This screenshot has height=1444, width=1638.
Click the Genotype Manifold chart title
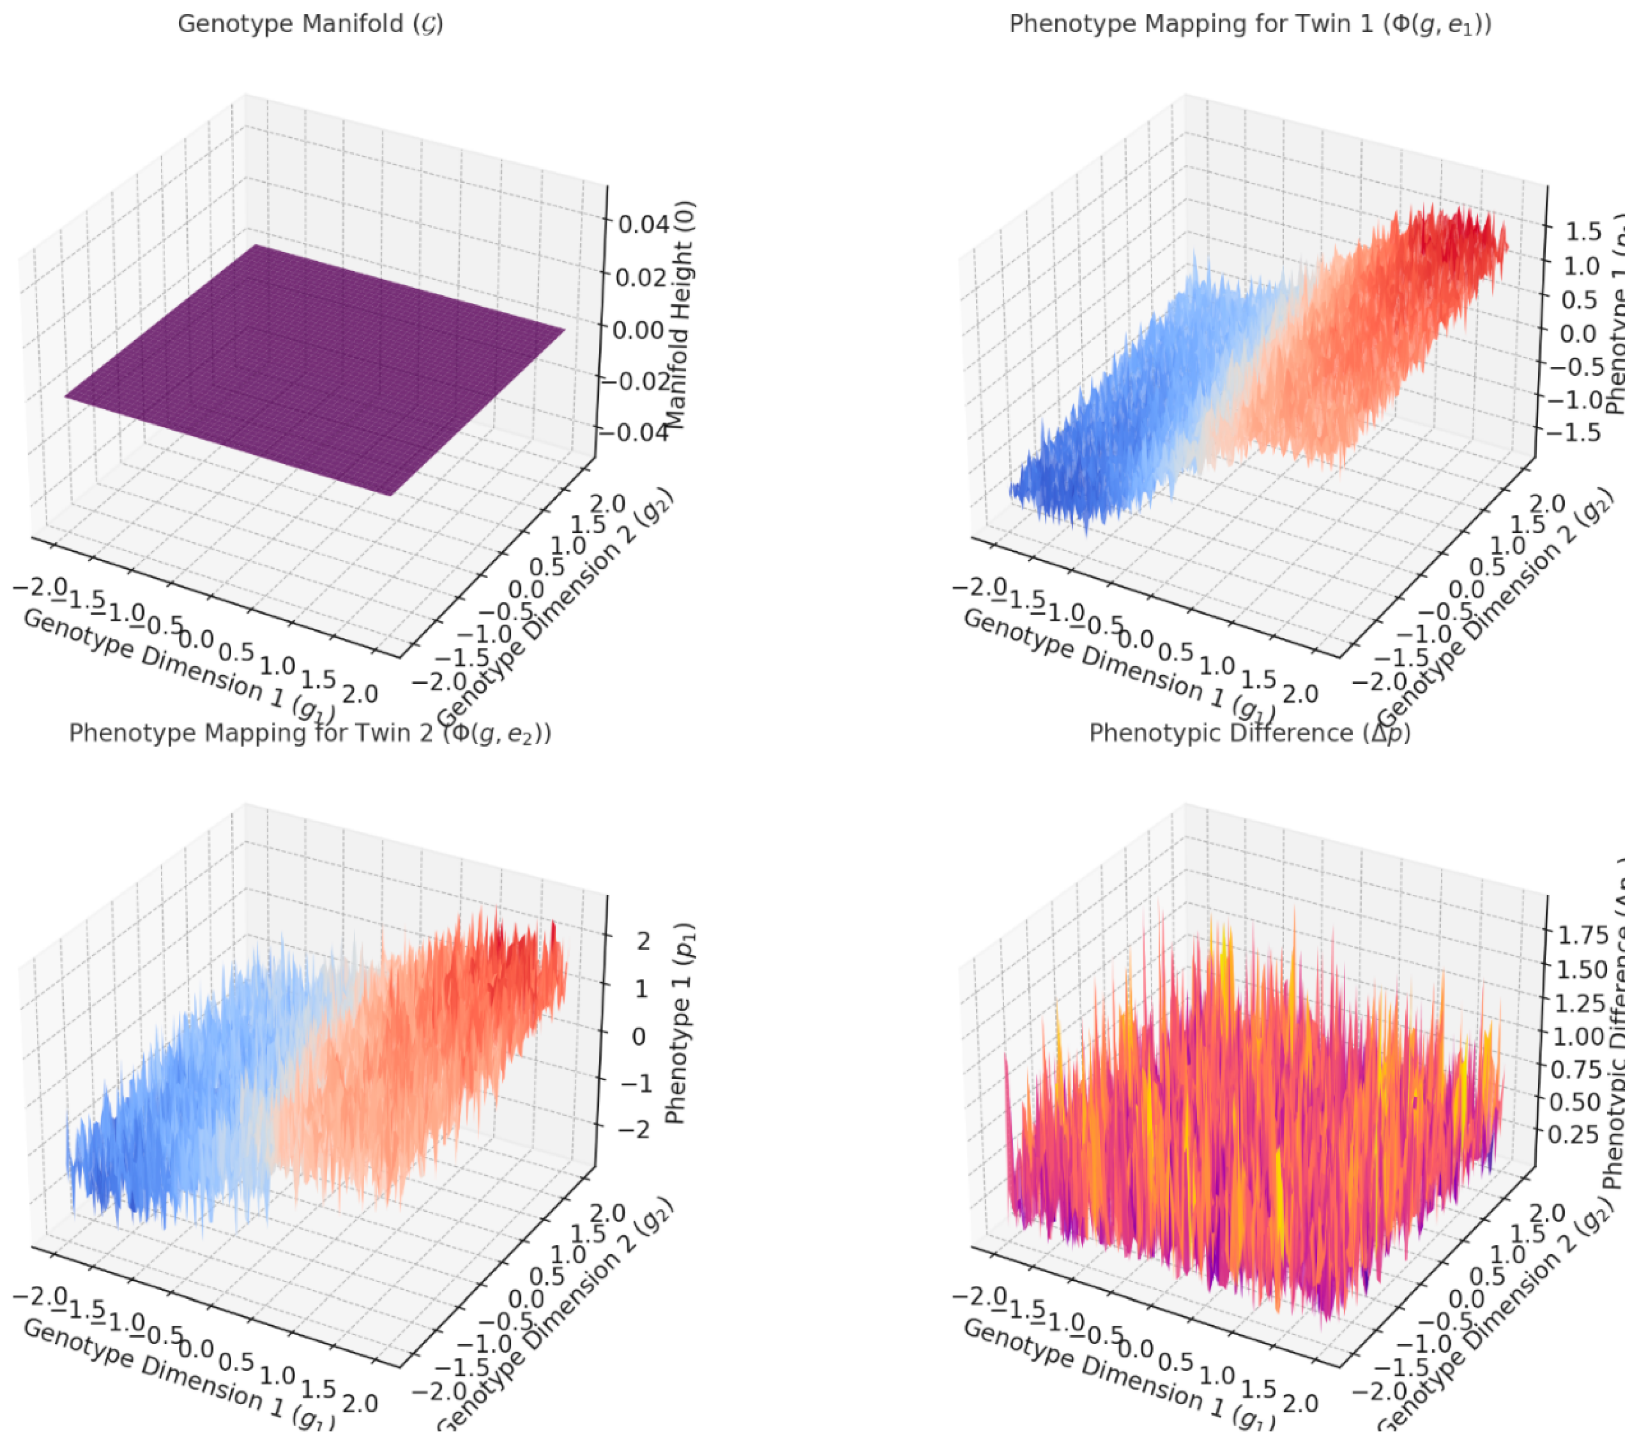pos(310,24)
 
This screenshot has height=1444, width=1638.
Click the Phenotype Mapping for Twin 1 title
pos(1250,24)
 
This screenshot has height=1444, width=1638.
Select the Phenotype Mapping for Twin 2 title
pos(310,733)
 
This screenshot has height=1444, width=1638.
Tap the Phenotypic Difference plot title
pos(1250,733)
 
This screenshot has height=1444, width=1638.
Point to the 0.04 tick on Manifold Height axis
pos(643,224)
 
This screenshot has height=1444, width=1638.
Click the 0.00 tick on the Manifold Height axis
pos(639,330)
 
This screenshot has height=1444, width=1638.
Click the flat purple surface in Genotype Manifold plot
pos(312,369)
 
